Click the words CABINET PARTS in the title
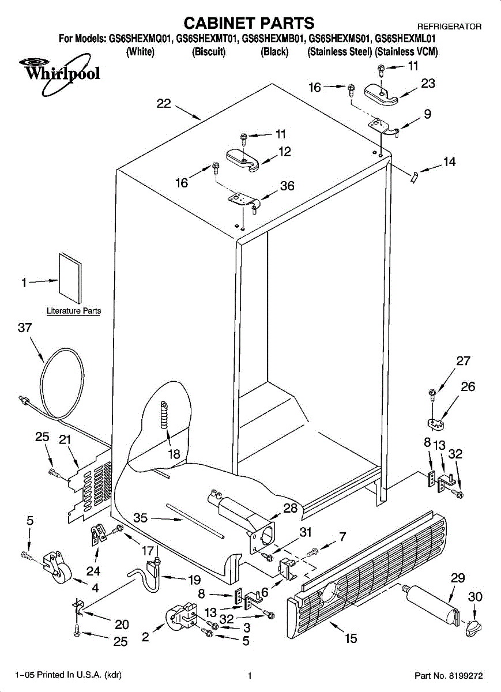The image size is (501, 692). tap(249, 23)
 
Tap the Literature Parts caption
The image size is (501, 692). tap(74, 310)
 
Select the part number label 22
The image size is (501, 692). tap(164, 103)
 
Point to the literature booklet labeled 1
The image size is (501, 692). tap(70, 278)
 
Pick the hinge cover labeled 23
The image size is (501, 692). tap(382, 94)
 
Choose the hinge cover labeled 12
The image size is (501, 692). tap(243, 160)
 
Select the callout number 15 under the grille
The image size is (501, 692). tap(351, 638)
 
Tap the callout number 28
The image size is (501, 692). tap(291, 508)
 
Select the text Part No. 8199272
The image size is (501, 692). tap(449, 676)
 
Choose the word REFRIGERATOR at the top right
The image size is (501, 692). tap(450, 27)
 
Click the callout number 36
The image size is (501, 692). tap(287, 186)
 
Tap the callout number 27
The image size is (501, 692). tap(463, 360)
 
